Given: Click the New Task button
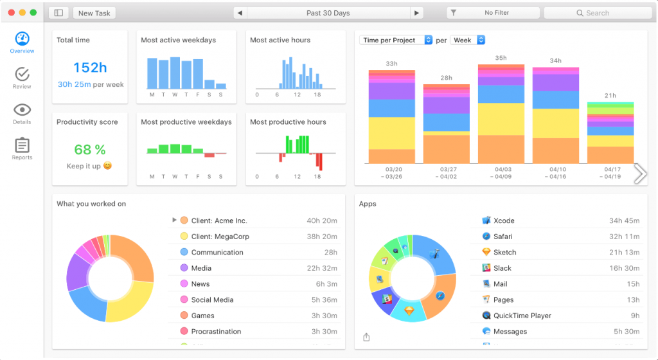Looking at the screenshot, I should [x=94, y=13].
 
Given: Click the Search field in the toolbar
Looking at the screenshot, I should [x=596, y=13].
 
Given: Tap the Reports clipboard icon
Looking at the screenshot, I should [x=22, y=146].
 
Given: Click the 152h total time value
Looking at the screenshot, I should [x=90, y=67].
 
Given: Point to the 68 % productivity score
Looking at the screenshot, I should [x=90, y=150].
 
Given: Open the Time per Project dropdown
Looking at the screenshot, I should [x=396, y=40].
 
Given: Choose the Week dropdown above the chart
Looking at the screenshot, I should [x=467, y=40].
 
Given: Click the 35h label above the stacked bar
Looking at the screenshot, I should [x=501, y=59].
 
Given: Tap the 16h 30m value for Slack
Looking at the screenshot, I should [x=624, y=268].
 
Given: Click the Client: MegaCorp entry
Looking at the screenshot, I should [x=220, y=237].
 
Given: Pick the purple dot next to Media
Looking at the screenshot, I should [x=184, y=268].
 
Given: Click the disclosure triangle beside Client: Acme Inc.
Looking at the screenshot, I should [x=174, y=221].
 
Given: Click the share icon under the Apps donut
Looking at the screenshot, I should [x=366, y=337].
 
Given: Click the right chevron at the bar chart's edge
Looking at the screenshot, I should [x=640, y=173].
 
